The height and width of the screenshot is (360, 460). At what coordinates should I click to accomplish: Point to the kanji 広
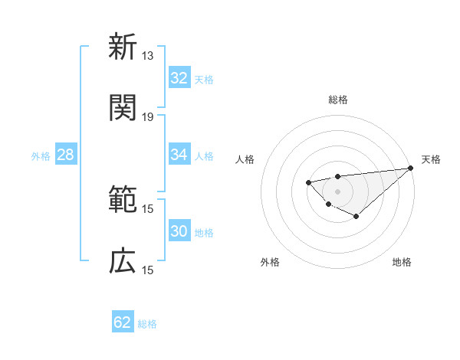tap(123, 261)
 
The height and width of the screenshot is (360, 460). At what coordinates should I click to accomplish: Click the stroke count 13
tap(148, 56)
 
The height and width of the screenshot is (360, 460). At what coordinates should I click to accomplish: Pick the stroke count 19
tap(148, 117)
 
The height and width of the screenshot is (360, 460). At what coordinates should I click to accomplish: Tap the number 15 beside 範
tap(148, 209)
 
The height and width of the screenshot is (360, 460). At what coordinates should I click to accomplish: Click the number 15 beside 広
tap(148, 270)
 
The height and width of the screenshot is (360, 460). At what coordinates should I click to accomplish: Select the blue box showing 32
tap(179, 78)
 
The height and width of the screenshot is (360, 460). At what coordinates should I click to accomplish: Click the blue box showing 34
tap(179, 155)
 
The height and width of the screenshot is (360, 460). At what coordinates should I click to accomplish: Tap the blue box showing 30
tap(179, 231)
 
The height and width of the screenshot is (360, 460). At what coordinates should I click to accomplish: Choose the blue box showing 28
tap(66, 155)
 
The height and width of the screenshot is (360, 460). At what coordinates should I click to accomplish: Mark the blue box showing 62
tap(123, 322)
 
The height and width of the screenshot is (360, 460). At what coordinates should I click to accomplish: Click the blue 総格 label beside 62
tap(147, 324)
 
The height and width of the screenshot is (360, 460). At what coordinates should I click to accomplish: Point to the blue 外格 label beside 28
tap(41, 156)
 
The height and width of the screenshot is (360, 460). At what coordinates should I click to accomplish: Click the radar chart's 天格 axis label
tap(431, 159)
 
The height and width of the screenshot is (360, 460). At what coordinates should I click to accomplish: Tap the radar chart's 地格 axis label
tap(402, 262)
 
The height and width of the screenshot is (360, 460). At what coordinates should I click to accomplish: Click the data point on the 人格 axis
tap(308, 182)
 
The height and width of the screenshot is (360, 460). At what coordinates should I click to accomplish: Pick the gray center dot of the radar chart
tap(337, 191)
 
